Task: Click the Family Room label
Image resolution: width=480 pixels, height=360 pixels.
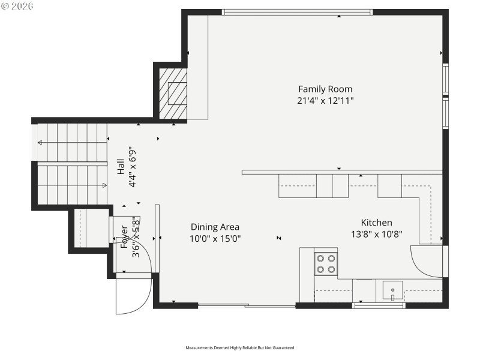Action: [x=325, y=89]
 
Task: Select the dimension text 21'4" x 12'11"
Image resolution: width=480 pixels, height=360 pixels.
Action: [x=325, y=101]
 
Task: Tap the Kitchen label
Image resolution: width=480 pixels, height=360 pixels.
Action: [x=376, y=223]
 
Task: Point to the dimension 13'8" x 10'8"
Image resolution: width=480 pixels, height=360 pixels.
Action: [x=376, y=234]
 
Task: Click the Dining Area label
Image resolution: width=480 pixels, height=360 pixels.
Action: [x=215, y=227]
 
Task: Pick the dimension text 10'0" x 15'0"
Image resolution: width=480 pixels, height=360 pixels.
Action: [x=215, y=238]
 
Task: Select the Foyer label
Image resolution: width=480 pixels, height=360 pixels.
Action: [x=125, y=237]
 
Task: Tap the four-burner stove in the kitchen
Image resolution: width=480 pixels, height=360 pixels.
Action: [x=326, y=264]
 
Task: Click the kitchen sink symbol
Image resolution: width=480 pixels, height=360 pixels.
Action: [x=392, y=291]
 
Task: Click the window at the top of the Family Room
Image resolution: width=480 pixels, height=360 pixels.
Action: [x=297, y=12]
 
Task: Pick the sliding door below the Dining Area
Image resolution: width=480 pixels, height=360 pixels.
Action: [x=247, y=306]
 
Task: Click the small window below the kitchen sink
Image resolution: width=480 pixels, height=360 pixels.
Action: [x=379, y=306]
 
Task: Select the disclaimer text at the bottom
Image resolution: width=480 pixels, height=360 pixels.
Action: [x=240, y=347]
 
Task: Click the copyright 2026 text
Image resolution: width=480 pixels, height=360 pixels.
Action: [x=18, y=5]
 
